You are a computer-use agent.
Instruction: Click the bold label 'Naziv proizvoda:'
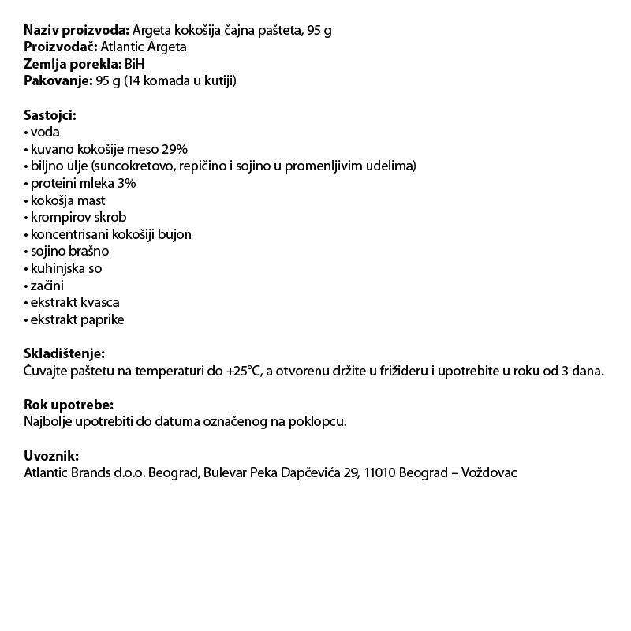pyautogui.click(x=77, y=30)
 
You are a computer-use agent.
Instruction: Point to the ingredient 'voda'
pyautogui.click(x=45, y=133)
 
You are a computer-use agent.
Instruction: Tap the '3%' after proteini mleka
pyautogui.click(x=126, y=183)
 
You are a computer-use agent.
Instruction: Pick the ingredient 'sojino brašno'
pyautogui.click(x=69, y=251)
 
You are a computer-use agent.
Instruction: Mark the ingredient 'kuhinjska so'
pyautogui.click(x=66, y=268)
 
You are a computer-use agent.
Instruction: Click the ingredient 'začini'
pyautogui.click(x=48, y=286)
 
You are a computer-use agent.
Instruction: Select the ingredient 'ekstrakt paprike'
pyautogui.click(x=77, y=319)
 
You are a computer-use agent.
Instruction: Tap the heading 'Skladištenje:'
pyautogui.click(x=64, y=354)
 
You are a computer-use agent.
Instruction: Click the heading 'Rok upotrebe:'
pyautogui.click(x=69, y=405)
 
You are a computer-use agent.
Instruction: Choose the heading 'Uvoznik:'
pyautogui.click(x=51, y=456)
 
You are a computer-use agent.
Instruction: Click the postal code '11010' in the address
pyautogui.click(x=380, y=472)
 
